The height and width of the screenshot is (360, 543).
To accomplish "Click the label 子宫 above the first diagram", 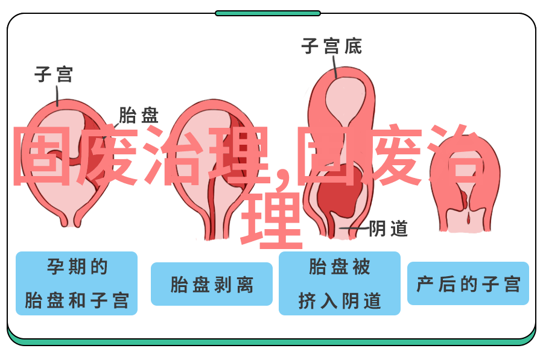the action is coord(54,74).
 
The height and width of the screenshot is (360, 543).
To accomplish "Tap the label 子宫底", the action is coord(332,46).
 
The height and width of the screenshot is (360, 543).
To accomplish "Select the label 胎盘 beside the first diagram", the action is coord(139,115).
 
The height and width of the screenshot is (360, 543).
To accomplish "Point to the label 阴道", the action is coord(388,229).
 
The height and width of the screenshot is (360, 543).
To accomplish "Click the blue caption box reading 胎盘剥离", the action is coord(212,284).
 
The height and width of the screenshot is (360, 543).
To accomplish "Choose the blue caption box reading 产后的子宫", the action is coord(468,283).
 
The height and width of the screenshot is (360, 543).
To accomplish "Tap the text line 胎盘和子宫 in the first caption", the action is coord(77,300).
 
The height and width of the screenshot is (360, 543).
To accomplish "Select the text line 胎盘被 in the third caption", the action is coord(340,267).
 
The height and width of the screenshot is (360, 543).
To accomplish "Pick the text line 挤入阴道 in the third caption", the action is coord(340,300).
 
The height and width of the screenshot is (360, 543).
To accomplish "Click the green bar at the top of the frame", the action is coord(268,13).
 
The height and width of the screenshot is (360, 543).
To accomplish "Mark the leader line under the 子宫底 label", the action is coord(335,67).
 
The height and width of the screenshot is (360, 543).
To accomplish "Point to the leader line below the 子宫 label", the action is coord(57,95).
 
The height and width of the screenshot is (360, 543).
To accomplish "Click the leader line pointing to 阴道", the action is coord(354,229).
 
